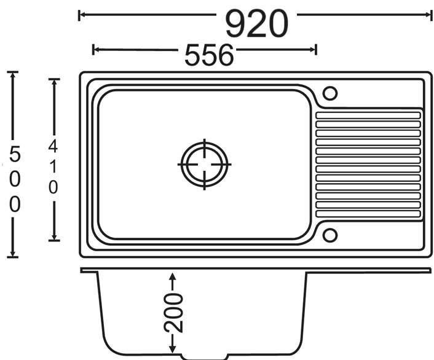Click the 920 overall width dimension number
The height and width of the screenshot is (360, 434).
tap(257, 23)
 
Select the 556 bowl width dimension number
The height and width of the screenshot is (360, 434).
tap(209, 55)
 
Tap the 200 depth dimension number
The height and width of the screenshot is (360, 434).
tap(173, 313)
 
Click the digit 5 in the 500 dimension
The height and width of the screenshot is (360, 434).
tap(15, 154)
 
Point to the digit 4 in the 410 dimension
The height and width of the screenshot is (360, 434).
tap(53, 146)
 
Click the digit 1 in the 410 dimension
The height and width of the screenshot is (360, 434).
tap(53, 167)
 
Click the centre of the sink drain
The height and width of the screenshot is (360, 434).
tap(204, 165)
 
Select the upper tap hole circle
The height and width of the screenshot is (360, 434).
tap(330, 93)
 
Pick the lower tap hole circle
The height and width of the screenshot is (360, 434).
tap(330, 235)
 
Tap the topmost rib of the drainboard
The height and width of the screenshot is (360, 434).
tap(368, 115)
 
